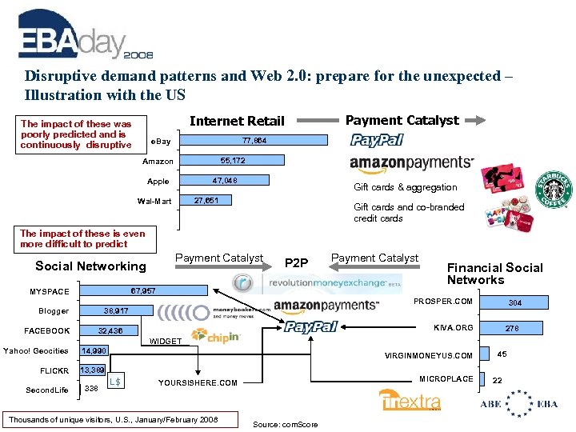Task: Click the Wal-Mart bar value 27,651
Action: click(x=206, y=200)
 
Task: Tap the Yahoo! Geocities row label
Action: click(x=36, y=350)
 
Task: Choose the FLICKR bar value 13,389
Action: click(x=92, y=370)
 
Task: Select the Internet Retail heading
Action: click(x=237, y=121)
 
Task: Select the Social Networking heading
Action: click(x=90, y=266)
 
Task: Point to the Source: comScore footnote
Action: click(x=284, y=424)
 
